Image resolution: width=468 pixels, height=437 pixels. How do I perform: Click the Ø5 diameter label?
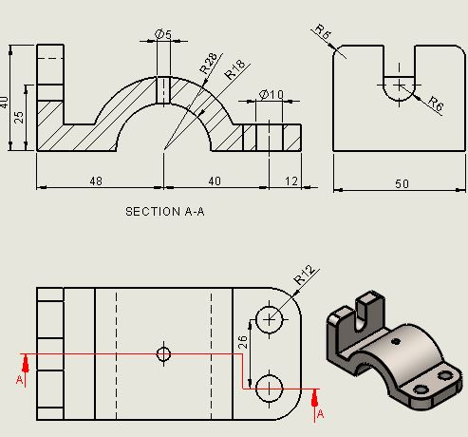[x=163, y=35]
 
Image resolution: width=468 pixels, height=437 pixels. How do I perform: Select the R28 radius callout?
[x=207, y=64]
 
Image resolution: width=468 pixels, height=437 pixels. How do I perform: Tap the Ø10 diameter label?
[x=271, y=95]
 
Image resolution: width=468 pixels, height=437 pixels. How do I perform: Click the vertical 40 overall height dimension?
[x=6, y=100]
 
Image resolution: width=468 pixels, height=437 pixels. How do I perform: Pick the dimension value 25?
[x=19, y=116]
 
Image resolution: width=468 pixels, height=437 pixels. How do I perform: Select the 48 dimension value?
[x=96, y=181]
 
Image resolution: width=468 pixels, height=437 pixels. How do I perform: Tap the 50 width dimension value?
[x=402, y=183]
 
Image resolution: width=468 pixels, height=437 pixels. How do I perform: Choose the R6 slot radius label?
[x=435, y=105]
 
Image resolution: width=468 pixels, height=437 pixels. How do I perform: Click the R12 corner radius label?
[x=304, y=275]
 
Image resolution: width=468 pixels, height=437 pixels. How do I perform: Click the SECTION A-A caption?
[x=164, y=212]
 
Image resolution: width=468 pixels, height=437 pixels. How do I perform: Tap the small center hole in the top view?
[x=163, y=353]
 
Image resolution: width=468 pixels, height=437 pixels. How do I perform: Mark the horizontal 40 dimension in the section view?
[x=215, y=181]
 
